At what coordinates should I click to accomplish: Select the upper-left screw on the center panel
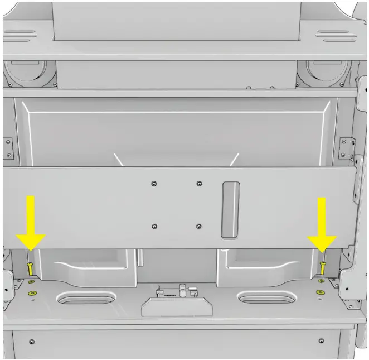154,183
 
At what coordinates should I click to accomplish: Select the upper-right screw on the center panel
200,183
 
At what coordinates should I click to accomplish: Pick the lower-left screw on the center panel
154,226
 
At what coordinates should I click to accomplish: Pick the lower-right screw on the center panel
200,226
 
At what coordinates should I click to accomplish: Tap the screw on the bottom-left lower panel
32,342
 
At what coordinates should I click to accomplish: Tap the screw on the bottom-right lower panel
321,340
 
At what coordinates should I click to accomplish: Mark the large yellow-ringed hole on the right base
320,292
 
